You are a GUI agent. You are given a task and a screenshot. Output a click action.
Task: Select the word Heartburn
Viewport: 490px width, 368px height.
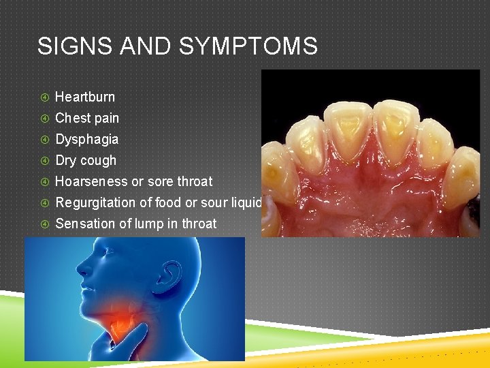click(x=85, y=97)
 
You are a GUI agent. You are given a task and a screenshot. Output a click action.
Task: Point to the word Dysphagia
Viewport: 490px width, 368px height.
click(x=86, y=139)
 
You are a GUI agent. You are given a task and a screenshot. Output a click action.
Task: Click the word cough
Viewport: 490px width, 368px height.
click(x=99, y=161)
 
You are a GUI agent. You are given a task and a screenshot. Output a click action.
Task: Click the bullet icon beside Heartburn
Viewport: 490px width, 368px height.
click(x=44, y=97)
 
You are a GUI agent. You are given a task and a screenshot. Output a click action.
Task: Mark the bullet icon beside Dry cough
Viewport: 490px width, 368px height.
click(x=44, y=161)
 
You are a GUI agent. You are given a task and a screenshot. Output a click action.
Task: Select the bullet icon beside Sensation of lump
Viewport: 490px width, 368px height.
click(x=44, y=224)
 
